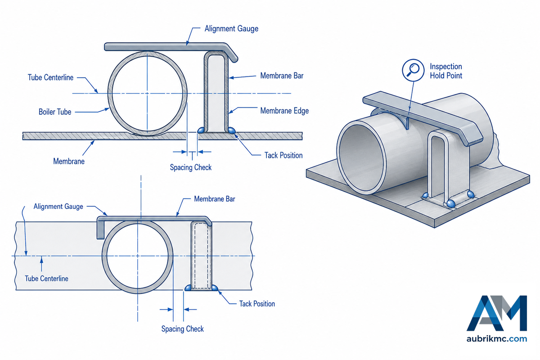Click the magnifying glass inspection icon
tap(413, 70)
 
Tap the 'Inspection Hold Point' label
tap(446, 71)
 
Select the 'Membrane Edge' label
tap(284, 111)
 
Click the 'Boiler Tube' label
tap(55, 112)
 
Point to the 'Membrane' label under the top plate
tap(69, 161)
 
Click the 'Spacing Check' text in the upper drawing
tap(191, 167)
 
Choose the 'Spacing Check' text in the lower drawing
tap(183, 329)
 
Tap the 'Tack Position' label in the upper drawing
tap(283, 155)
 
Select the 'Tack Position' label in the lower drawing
tap(257, 304)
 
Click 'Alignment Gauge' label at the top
tap(231, 29)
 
